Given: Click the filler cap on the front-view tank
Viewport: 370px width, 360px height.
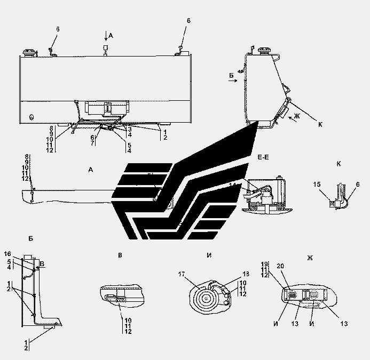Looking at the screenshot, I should click(28, 53).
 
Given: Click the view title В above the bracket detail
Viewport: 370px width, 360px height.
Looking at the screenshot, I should click(121, 255).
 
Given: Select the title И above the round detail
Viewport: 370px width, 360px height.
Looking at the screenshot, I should click(208, 255).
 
